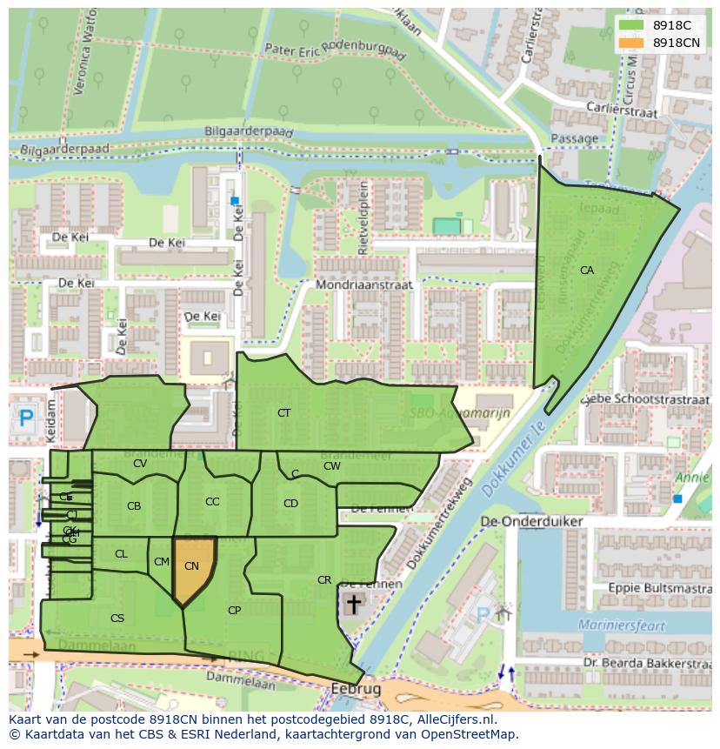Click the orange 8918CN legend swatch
click(x=632, y=43)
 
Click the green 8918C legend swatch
click(x=632, y=25)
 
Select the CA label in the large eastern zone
click(x=587, y=271)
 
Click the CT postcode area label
click(x=283, y=412)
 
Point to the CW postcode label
click(x=331, y=465)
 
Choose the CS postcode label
click(x=117, y=619)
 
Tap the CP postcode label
click(x=234, y=611)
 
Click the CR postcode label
click(x=324, y=580)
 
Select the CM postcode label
click(x=161, y=562)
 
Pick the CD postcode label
click(x=290, y=503)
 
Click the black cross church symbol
click(x=354, y=603)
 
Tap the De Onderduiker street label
click(x=531, y=521)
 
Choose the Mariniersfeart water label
click(x=621, y=625)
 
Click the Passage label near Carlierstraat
click(x=574, y=138)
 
